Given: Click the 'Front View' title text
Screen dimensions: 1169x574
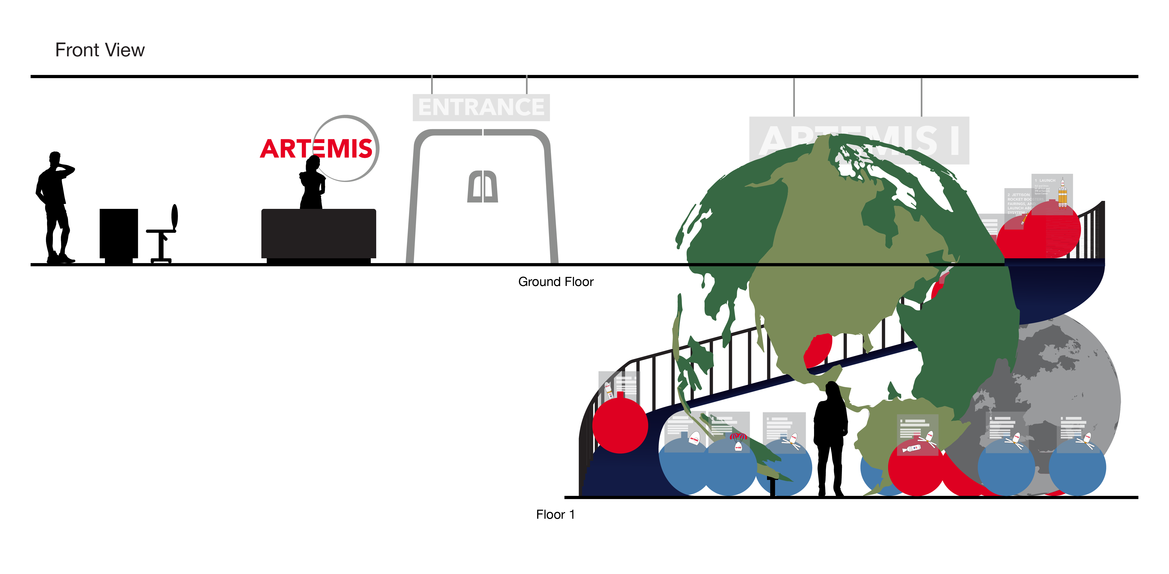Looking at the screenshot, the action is pos(100,50).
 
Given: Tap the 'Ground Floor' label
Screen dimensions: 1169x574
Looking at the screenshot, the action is pos(556,282).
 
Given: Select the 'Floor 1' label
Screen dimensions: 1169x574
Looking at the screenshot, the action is pos(555,514).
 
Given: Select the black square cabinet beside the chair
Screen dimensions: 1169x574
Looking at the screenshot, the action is pos(119,234).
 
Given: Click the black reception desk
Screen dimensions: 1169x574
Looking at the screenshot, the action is pos(319,234).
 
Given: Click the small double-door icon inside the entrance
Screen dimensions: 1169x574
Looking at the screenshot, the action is pos(482,187).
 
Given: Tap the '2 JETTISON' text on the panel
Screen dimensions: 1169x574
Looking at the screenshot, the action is pos(1019,195).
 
